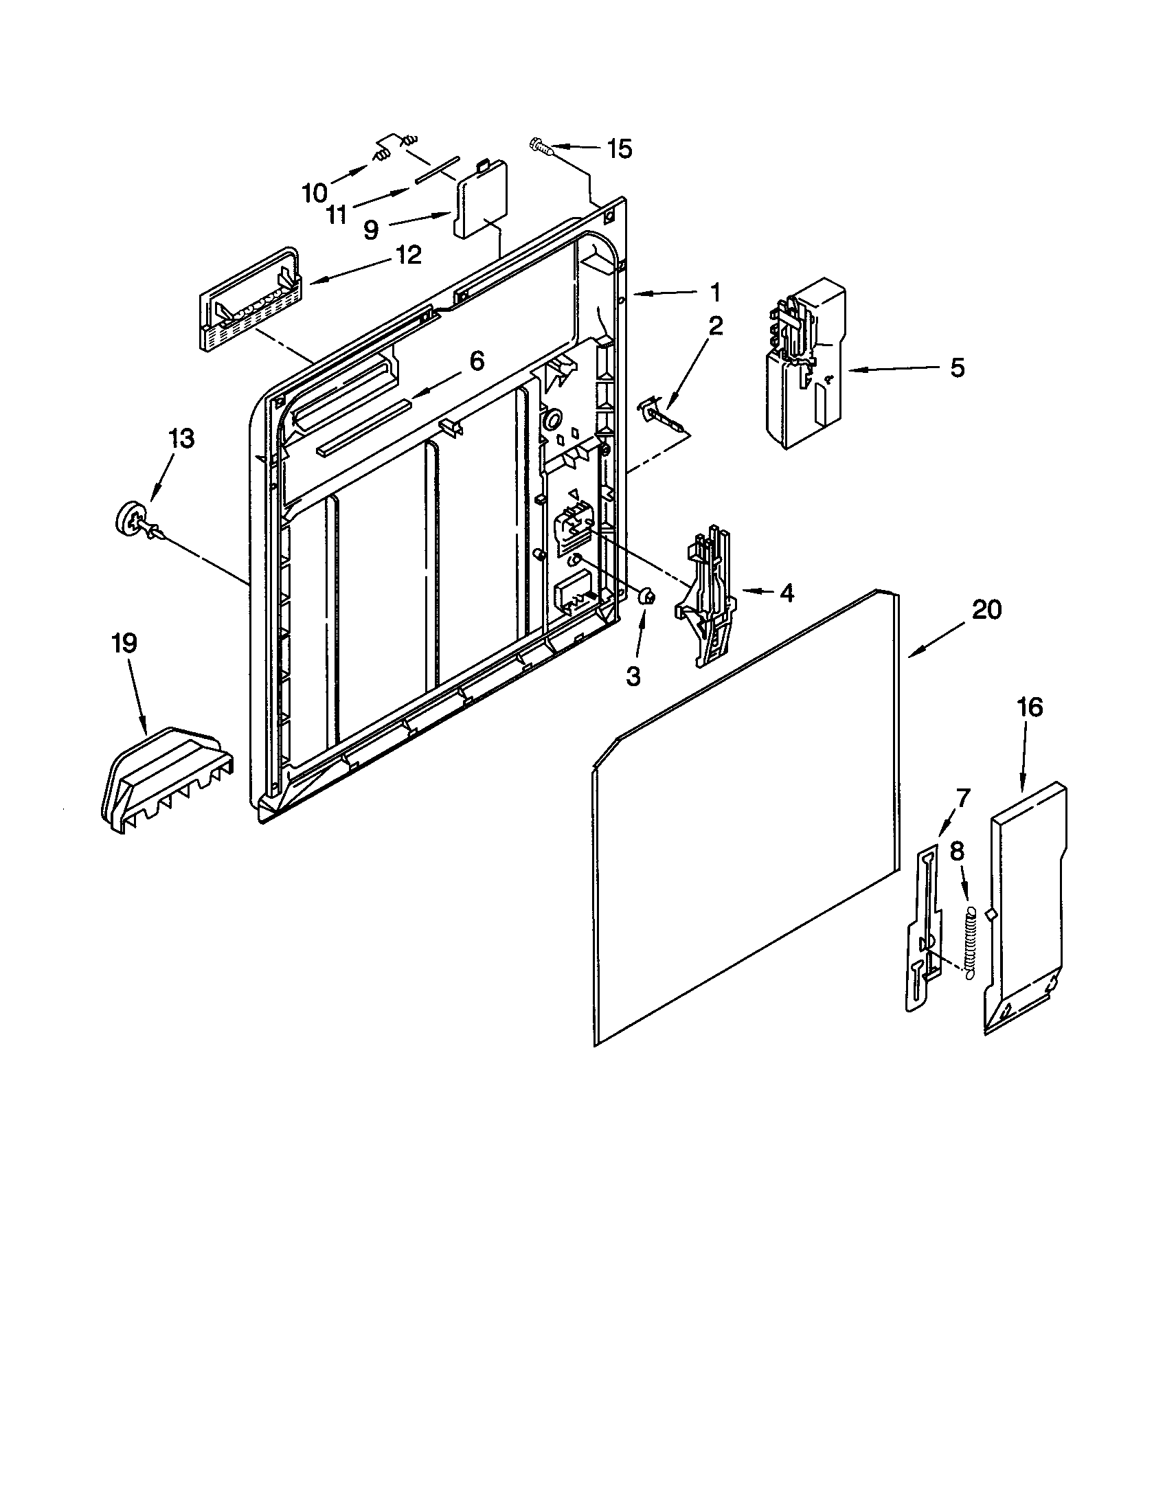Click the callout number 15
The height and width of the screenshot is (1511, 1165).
pyautogui.click(x=619, y=149)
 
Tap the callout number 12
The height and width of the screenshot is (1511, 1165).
pyautogui.click(x=408, y=255)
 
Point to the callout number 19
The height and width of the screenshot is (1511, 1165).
pyautogui.click(x=124, y=644)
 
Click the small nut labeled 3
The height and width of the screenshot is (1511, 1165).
pyautogui.click(x=648, y=595)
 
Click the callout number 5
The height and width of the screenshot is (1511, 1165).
pyautogui.click(x=957, y=368)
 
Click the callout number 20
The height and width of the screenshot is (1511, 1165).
pyautogui.click(x=986, y=610)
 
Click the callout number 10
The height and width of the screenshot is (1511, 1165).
pyautogui.click(x=314, y=193)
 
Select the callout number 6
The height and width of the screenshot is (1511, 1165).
pyautogui.click(x=477, y=361)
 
